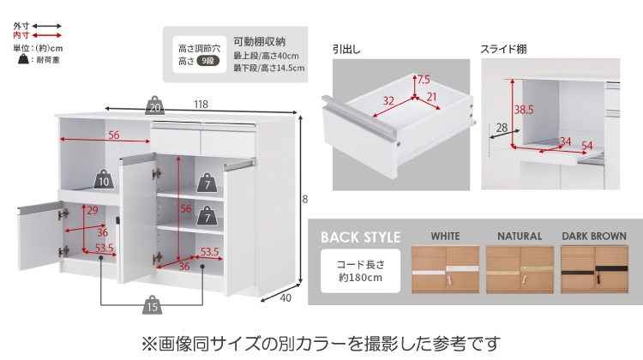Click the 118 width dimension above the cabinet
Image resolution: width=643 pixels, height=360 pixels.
point(201,105)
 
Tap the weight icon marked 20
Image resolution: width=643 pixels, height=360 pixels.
point(155,106)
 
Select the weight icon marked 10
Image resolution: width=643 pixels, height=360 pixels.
point(104,180)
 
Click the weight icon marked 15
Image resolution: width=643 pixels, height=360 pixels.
point(151,305)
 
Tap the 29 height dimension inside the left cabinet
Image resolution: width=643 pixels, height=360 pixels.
point(92,212)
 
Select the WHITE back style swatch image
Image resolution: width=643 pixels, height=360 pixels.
point(445,271)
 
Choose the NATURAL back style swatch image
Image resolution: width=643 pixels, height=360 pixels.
point(520,271)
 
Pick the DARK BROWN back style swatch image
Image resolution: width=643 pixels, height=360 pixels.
point(593,271)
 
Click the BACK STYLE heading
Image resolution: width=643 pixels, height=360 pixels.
point(360,237)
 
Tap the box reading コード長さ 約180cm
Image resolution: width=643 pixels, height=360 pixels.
point(360,271)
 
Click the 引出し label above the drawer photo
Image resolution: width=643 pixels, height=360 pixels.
point(346,50)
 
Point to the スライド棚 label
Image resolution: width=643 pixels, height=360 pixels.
point(503,50)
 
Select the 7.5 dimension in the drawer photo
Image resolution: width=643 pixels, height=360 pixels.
point(424,81)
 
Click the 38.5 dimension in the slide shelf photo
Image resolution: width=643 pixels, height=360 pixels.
point(523,110)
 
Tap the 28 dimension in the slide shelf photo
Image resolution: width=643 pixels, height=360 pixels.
point(502,128)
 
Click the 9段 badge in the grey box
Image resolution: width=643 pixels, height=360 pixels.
point(207,61)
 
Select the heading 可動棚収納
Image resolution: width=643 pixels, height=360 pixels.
point(260,41)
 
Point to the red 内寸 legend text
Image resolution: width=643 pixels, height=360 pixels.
point(21,35)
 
